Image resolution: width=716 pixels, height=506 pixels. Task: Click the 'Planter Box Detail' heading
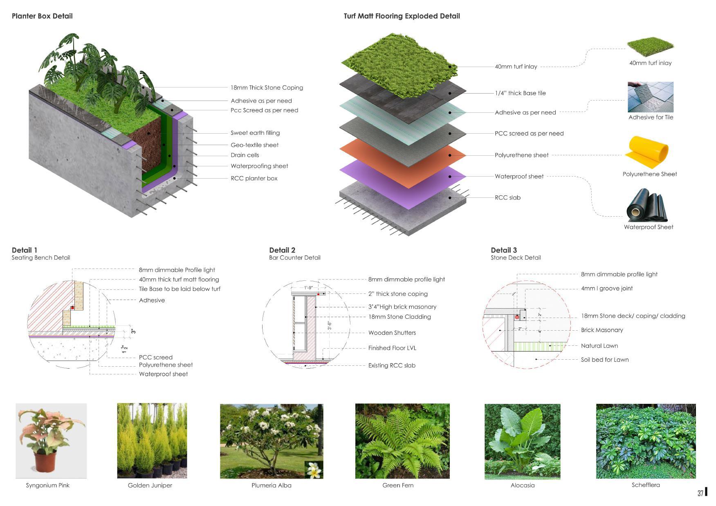(42, 16)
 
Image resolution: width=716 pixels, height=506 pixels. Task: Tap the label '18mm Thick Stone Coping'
(267, 87)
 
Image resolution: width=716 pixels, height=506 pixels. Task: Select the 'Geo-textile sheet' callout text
(254, 145)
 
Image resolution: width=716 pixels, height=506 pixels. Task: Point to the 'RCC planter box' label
(254, 178)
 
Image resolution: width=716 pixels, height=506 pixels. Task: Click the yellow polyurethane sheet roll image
(647, 152)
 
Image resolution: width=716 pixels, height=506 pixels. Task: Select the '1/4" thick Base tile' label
(520, 93)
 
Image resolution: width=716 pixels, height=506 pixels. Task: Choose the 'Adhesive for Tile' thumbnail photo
(650, 97)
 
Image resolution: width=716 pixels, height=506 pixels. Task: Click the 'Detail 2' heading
(282, 250)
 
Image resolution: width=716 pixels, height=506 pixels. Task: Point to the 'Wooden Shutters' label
(392, 333)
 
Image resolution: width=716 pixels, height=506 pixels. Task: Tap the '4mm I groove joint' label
(607, 289)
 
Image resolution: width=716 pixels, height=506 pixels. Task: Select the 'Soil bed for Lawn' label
(605, 360)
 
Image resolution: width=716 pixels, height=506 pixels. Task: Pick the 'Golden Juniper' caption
(150, 486)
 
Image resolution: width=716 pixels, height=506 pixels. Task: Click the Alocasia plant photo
(522, 441)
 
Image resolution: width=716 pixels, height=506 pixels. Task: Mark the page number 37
(700, 493)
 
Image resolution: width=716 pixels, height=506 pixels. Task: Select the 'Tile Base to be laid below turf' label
(180, 289)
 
